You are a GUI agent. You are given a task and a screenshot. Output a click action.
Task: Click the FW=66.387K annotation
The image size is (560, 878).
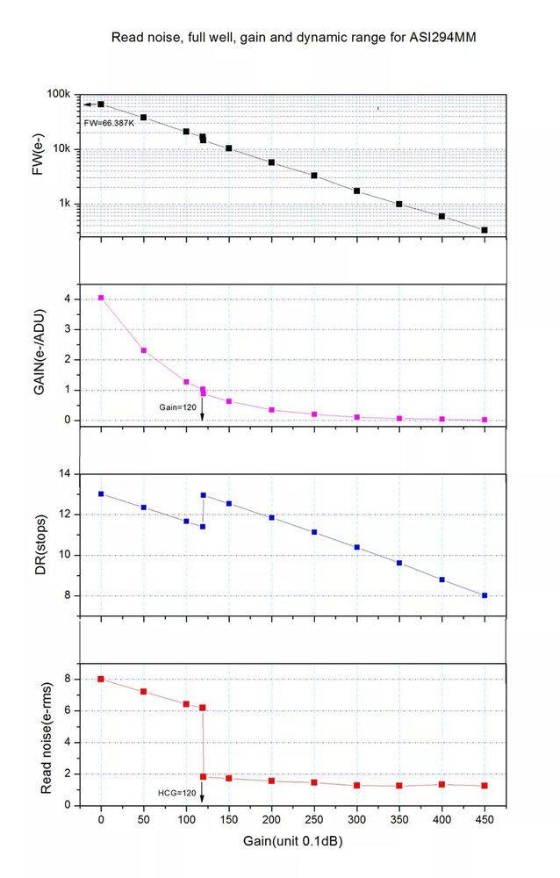(x=109, y=123)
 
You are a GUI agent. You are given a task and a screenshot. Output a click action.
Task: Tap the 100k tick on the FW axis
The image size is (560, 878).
(x=58, y=94)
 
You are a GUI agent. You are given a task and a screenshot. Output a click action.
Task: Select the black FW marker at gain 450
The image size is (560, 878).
(x=485, y=230)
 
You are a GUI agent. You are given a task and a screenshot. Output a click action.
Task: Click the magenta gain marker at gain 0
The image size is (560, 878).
(x=101, y=298)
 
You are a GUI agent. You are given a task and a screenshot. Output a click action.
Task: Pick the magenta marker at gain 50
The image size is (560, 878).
(x=143, y=350)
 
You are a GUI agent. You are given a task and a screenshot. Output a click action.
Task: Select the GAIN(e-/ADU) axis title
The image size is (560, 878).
(x=39, y=358)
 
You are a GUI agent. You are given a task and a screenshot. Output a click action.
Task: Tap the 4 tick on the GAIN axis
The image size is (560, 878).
(x=67, y=299)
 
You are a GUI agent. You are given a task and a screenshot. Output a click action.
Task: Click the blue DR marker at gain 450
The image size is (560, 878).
(x=485, y=595)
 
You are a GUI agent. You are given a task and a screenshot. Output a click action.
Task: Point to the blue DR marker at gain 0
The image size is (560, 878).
(x=101, y=493)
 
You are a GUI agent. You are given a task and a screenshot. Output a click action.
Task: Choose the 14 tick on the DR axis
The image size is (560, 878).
(x=63, y=474)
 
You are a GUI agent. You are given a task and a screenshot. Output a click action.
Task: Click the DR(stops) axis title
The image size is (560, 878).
(x=39, y=536)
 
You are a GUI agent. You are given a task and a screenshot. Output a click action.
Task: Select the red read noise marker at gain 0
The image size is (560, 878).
(x=101, y=679)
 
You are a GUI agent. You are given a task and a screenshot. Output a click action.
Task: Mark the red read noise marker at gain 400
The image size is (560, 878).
(x=442, y=784)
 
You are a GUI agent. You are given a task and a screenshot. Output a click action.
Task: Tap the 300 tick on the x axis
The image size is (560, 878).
(x=356, y=819)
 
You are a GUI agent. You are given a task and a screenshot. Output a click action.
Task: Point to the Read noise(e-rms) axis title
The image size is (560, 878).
(x=39, y=740)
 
